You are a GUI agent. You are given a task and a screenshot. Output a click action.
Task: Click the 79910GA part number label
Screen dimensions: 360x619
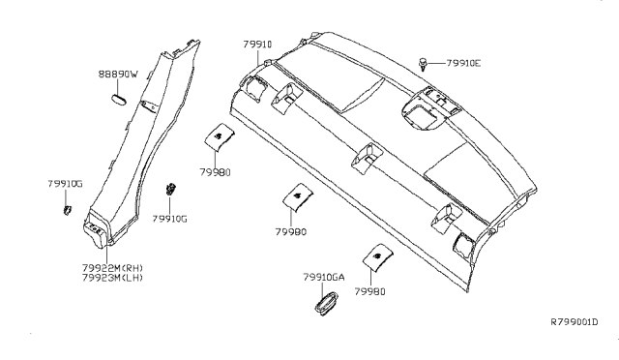coord(323,277)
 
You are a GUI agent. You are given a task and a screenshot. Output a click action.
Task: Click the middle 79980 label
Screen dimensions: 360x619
coord(290,232)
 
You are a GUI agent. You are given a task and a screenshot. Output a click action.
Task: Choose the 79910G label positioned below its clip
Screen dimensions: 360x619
coord(169,219)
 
